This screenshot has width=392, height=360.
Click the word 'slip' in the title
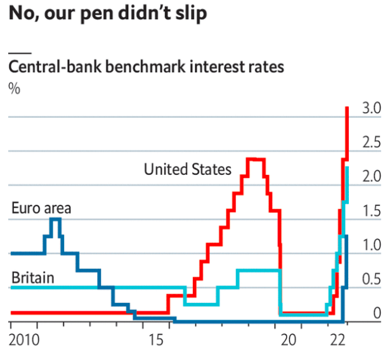[x=190, y=13]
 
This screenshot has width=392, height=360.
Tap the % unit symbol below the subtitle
[x=13, y=88]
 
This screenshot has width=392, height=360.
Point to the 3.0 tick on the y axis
[x=371, y=108]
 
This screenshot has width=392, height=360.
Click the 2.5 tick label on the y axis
[x=371, y=143]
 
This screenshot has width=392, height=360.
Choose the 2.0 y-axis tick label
[x=371, y=177]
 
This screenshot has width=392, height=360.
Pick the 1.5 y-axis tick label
[x=371, y=211]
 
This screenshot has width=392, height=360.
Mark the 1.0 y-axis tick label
[x=371, y=245]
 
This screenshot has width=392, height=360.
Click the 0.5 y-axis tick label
[x=371, y=280]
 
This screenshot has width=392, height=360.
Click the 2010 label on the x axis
[x=23, y=341]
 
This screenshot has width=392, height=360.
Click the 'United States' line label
[x=187, y=170]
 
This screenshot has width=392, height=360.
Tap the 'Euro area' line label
[x=41, y=208]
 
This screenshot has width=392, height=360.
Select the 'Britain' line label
[x=32, y=278]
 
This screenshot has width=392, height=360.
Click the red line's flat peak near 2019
[x=256, y=158]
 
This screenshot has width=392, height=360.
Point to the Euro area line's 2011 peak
[x=55, y=219]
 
